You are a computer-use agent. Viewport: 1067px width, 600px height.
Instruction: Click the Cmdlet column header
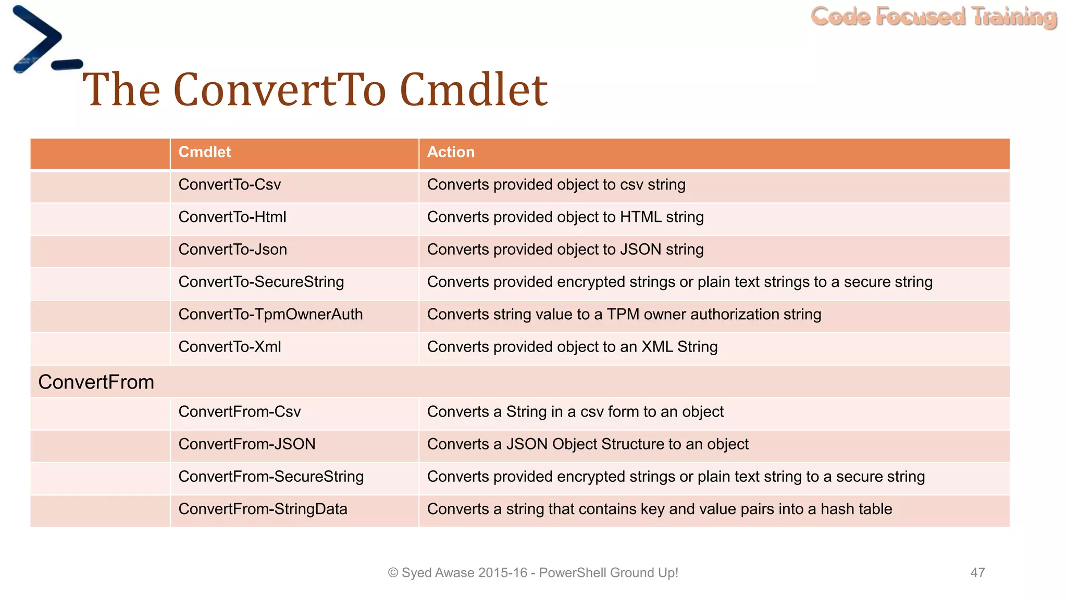[205, 152]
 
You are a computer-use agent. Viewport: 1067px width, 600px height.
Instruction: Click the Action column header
[451, 152]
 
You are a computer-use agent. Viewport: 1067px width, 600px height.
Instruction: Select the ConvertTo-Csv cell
[230, 185]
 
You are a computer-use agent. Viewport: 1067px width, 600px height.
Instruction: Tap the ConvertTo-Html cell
[232, 217]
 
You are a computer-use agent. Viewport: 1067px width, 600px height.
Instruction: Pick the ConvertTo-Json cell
[232, 249]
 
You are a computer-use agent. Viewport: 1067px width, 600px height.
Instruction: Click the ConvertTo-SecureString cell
[261, 282]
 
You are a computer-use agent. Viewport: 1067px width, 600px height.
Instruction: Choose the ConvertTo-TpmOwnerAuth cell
[270, 315]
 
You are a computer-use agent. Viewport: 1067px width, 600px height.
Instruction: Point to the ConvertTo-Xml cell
[230, 347]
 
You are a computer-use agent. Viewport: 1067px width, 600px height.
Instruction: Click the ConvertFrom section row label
[96, 382]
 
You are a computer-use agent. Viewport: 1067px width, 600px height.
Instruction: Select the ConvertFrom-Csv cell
[240, 412]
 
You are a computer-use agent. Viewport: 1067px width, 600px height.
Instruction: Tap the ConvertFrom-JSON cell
[247, 444]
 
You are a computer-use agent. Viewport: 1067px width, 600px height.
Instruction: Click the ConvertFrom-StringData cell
[263, 509]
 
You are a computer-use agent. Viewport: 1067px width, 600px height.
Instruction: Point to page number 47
[977, 572]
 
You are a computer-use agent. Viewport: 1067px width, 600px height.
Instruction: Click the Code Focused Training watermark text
[934, 17]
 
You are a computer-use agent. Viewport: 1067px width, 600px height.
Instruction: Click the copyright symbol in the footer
[393, 573]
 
